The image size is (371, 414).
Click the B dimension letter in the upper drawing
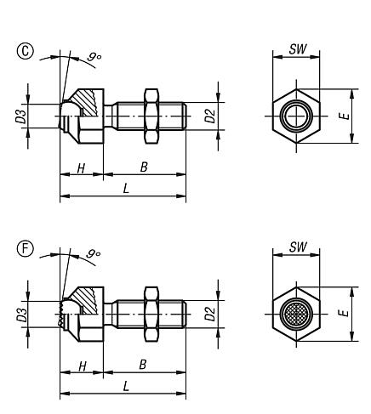tap(144, 168)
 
